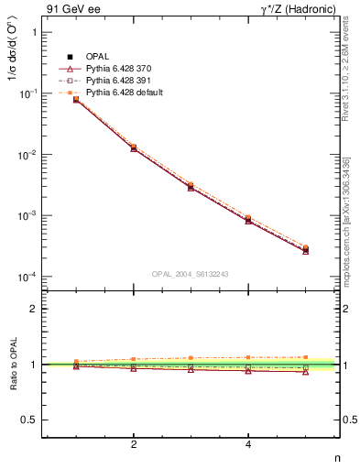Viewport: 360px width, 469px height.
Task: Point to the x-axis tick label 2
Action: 134,446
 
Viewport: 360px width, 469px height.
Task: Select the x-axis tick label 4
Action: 248,446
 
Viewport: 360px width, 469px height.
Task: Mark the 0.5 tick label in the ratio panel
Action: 28,420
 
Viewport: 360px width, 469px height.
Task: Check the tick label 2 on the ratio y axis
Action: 33,309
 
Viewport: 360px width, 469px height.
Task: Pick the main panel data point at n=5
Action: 306,249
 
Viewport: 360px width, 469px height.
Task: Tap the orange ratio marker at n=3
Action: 191,358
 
